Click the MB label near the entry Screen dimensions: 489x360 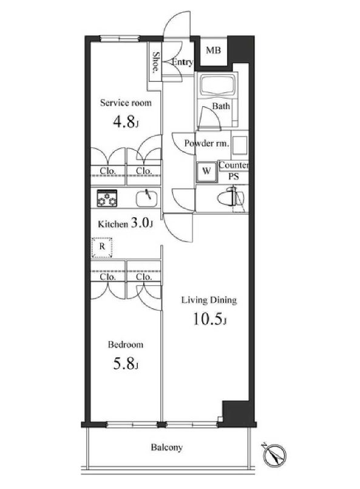(x=212, y=50)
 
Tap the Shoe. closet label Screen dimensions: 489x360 (x=155, y=62)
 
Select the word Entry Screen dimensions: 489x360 (x=182, y=62)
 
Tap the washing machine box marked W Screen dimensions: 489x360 (x=206, y=171)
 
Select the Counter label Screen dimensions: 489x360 (x=233, y=165)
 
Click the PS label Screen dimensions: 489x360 (x=233, y=176)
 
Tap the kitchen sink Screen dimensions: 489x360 (x=146, y=198)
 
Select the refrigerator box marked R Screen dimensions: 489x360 (x=102, y=248)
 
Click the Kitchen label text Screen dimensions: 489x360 (x=114, y=224)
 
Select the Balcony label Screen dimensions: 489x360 (x=166, y=448)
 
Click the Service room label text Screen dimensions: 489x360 (x=126, y=103)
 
